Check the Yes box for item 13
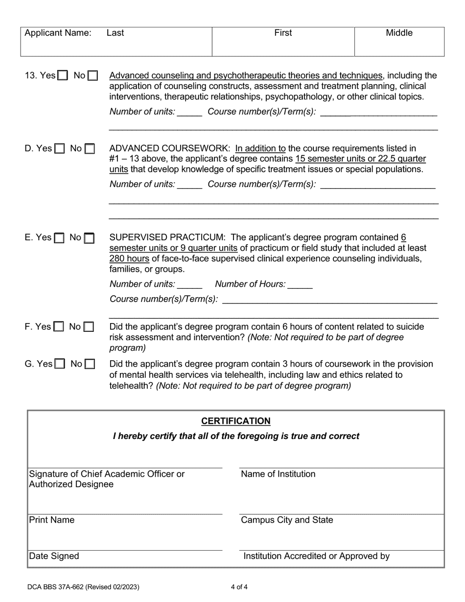point(63,76)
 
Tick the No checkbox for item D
point(90,148)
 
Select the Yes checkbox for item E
point(59,238)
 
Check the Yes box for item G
point(60,364)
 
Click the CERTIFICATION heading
point(235,421)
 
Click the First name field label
point(283,33)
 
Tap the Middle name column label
point(399,33)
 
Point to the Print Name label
point(52,520)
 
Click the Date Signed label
point(54,556)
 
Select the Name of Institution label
point(278,474)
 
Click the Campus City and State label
point(287,520)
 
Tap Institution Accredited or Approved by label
point(316,556)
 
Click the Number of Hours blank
point(300,284)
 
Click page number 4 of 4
point(240,587)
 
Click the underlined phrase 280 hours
point(130,258)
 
